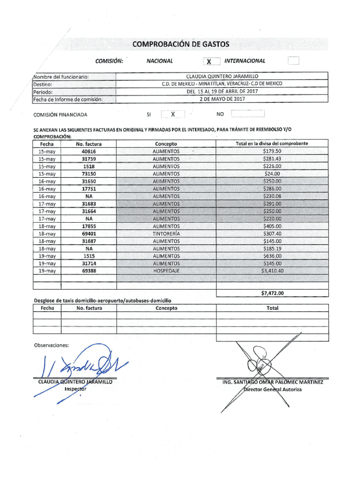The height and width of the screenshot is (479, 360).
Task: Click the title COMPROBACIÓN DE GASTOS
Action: (x=180, y=44)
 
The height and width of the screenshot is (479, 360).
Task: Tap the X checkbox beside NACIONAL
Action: (x=209, y=61)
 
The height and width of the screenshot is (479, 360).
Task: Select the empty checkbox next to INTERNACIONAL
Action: (x=293, y=61)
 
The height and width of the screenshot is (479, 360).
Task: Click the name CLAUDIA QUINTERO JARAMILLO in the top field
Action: (x=222, y=76)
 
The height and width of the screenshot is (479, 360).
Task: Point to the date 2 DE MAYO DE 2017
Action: (x=222, y=99)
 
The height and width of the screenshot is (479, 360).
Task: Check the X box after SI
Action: (x=173, y=114)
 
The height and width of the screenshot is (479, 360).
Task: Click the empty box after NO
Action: (x=248, y=114)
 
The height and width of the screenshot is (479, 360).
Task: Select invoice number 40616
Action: (x=88, y=152)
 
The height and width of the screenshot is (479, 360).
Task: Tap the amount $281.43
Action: (x=272, y=159)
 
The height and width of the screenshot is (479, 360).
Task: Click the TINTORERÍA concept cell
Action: (x=166, y=233)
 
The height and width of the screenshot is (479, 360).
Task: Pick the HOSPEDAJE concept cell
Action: (x=166, y=271)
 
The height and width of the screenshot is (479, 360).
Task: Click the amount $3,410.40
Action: (x=272, y=271)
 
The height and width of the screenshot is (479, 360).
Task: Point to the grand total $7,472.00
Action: (x=272, y=294)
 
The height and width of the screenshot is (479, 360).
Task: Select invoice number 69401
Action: (x=88, y=233)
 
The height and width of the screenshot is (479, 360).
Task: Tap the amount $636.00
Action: (x=272, y=256)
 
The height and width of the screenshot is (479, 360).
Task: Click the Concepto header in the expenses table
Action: (x=166, y=144)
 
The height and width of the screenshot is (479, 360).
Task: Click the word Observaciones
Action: (x=51, y=345)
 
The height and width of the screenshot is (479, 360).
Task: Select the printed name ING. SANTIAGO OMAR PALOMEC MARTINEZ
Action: (x=273, y=383)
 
